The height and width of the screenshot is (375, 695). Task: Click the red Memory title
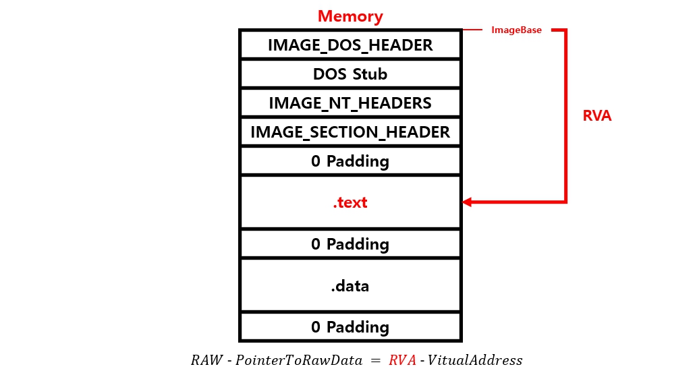click(x=350, y=16)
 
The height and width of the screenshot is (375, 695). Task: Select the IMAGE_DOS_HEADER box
click(x=350, y=45)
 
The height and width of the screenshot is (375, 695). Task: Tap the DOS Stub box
click(x=350, y=74)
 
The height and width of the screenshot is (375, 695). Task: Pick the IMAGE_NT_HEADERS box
click(x=350, y=103)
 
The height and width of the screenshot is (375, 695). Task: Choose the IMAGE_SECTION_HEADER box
click(x=350, y=132)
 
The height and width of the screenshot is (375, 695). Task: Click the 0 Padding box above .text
click(x=350, y=161)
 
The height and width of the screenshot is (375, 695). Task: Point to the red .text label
click(x=350, y=202)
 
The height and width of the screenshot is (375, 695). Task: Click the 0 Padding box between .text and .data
click(x=350, y=243)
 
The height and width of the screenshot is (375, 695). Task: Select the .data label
click(x=350, y=285)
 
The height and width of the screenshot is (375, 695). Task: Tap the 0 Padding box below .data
click(x=350, y=327)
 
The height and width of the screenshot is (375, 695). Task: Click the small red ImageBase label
click(x=516, y=30)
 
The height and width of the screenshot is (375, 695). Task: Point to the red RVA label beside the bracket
click(x=596, y=116)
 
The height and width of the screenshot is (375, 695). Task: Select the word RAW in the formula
click(x=206, y=360)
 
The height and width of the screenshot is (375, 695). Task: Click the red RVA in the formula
click(x=402, y=360)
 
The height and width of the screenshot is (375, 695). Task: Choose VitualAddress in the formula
click(x=476, y=360)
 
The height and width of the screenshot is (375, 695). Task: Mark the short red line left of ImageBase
click(x=473, y=30)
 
